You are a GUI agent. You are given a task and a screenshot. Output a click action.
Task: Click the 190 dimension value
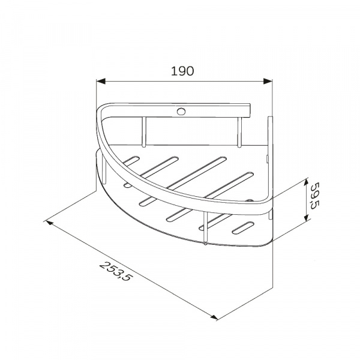coord(182,71)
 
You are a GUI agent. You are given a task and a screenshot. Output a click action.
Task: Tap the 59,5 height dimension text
coord(315,196)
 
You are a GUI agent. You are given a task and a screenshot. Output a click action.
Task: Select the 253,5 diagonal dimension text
coord(116,272)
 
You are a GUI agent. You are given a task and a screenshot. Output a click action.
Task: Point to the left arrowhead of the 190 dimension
coord(101,81)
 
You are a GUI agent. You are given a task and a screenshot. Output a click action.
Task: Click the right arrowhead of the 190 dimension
coord(268,81)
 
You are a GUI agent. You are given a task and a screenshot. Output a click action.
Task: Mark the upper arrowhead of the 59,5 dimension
coord(305,183)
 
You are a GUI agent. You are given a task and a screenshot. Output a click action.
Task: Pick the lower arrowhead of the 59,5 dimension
coord(305,217)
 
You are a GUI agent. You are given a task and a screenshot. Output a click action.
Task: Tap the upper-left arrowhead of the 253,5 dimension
coord(50,223)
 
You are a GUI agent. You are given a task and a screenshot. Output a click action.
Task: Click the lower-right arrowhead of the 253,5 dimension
coord(214,317)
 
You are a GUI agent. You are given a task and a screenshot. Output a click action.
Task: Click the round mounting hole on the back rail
coord(181,112)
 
